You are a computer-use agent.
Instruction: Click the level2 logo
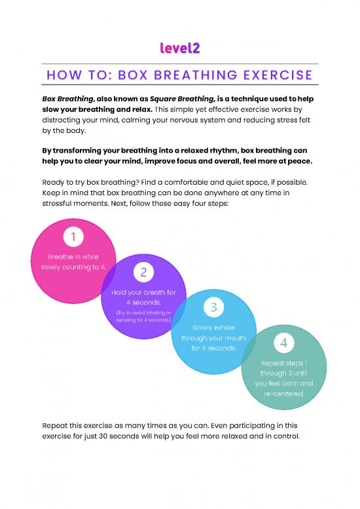(180, 48)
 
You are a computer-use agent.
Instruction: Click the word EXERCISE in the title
(278, 75)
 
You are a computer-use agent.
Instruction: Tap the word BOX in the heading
(133, 75)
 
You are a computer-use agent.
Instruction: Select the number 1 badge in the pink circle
(73, 236)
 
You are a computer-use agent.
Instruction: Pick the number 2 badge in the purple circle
(144, 272)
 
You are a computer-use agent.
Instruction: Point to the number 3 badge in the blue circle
(214, 307)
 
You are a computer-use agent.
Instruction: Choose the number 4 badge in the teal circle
(284, 343)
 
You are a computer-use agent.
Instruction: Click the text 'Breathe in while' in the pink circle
(73, 257)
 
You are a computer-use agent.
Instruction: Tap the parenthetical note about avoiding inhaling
(144, 316)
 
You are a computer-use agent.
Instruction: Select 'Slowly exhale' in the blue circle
(213, 328)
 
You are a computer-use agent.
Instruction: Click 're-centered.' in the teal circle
(284, 394)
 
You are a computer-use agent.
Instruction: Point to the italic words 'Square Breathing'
(182, 99)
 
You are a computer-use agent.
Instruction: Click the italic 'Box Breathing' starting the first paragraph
(68, 99)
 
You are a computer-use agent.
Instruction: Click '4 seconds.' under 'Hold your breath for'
(144, 302)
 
